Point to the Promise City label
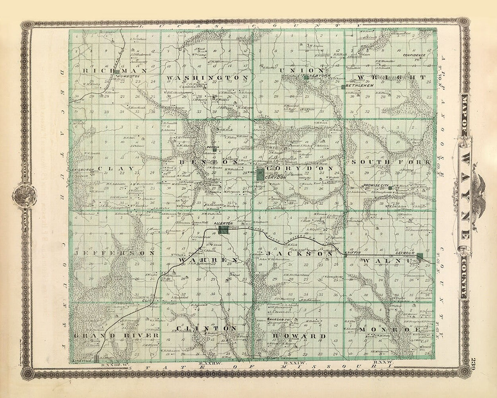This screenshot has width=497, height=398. [375, 185]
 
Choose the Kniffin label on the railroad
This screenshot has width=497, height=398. [352, 253]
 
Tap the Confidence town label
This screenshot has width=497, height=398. [414, 55]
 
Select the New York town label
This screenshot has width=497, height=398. [319, 77]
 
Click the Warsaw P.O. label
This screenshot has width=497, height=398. [279, 318]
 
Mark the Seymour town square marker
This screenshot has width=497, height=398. [419, 257]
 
